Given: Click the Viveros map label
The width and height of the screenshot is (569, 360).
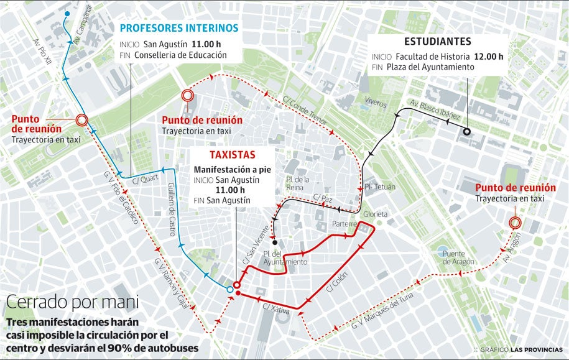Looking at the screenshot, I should pos(376,103).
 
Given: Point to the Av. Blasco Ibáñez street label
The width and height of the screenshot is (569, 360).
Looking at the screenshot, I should pos(435,110).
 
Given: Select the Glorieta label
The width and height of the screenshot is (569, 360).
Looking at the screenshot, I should pos(376,214).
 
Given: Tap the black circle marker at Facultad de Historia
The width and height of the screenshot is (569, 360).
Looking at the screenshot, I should pos(466,131).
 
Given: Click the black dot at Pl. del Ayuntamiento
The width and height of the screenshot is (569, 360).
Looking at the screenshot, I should pos(274,242).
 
